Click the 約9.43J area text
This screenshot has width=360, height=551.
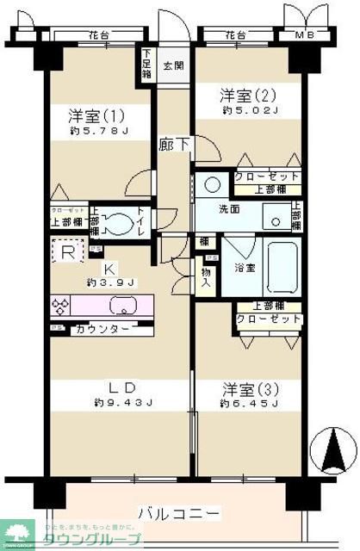tap(123, 402)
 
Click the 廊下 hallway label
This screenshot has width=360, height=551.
tap(171, 145)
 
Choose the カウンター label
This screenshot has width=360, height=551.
tap(102, 330)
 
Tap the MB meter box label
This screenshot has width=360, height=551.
tap(305, 35)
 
